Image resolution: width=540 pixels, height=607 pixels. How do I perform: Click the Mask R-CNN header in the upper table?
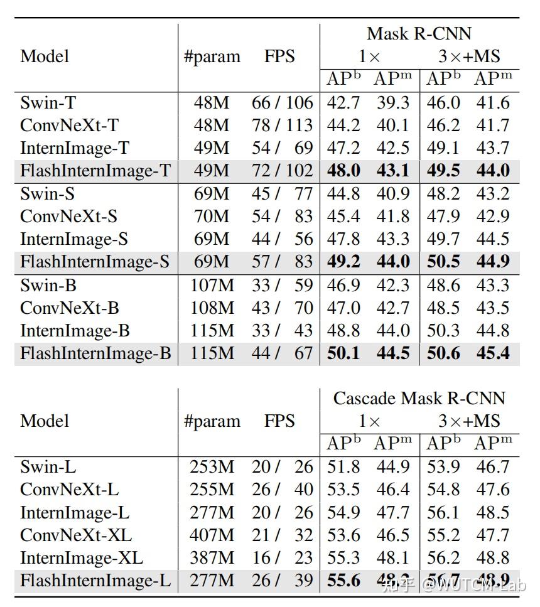[x=419, y=33]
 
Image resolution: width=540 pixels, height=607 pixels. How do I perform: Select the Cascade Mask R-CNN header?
[x=419, y=398]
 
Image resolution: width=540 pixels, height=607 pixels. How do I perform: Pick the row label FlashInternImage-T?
[x=95, y=171]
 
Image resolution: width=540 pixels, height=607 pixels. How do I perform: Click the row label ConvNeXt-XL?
[x=76, y=535]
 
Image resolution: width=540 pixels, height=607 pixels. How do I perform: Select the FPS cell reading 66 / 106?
[x=282, y=103]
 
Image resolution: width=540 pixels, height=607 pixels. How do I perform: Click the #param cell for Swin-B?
[x=212, y=285]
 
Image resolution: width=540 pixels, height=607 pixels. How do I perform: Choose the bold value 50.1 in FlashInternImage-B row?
[x=343, y=353]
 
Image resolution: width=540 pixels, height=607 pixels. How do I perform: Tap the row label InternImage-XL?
[x=82, y=557]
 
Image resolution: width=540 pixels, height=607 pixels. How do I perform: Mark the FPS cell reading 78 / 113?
[x=282, y=126]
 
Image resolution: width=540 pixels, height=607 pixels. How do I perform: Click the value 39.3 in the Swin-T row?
[x=393, y=103]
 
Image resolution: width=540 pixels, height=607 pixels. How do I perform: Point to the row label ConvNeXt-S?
[x=69, y=217]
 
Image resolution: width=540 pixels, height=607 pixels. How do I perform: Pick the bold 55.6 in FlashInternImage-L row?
[x=343, y=580]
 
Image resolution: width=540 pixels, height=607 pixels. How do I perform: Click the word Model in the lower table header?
[x=45, y=421]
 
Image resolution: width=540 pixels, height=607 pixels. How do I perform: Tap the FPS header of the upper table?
[x=279, y=56]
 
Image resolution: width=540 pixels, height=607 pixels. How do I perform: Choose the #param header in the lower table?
[x=212, y=421]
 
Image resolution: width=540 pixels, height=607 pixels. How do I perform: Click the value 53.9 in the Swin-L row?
[x=443, y=467]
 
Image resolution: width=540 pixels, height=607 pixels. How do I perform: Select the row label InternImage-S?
[x=74, y=239]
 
